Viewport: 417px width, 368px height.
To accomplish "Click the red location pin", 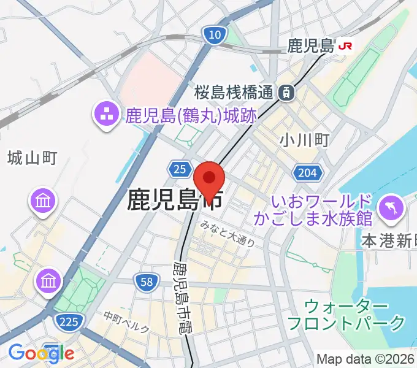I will pyautogui.click(x=209, y=179).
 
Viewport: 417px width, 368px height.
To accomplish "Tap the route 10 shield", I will pyautogui.click(x=213, y=36).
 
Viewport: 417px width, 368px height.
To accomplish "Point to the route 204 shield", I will pyautogui.click(x=306, y=173).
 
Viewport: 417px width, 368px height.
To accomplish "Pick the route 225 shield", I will pyautogui.click(x=67, y=320).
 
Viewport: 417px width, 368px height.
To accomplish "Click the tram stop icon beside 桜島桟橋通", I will pyautogui.click(x=285, y=93).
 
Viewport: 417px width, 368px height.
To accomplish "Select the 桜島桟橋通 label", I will pyautogui.click(x=234, y=93).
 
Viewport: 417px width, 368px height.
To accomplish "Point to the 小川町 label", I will pyautogui.click(x=304, y=140).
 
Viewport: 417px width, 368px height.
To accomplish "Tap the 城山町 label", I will pyautogui.click(x=32, y=158).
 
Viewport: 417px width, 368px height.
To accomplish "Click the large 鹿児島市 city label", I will pyautogui.click(x=174, y=201).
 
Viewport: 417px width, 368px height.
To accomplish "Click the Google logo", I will pyautogui.click(x=40, y=353).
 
